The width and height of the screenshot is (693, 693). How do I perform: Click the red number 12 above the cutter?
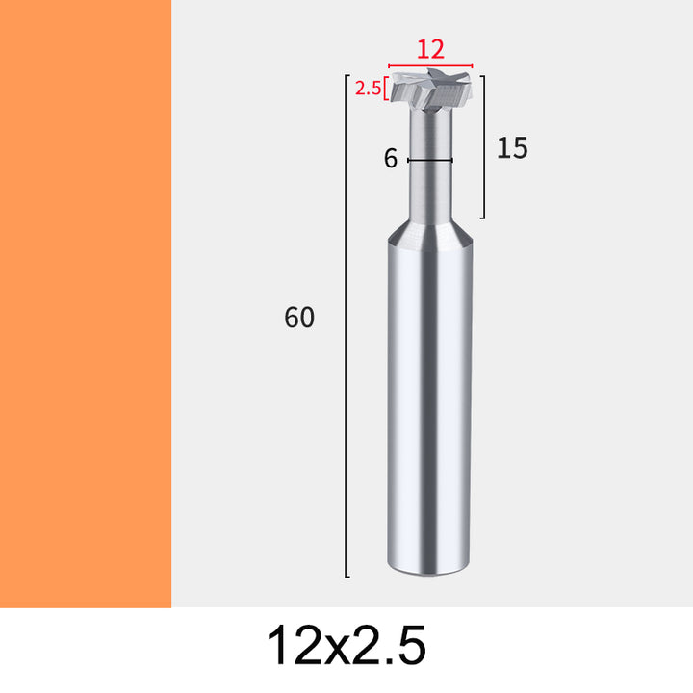tap(430, 49)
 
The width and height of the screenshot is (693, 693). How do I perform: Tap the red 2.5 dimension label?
tap(368, 89)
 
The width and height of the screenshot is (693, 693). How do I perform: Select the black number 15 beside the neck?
tap(512, 147)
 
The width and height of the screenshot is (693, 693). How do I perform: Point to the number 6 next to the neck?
tap(390, 159)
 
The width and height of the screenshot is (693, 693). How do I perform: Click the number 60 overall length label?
tap(299, 317)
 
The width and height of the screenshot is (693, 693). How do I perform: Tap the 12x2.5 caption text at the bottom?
tap(346, 645)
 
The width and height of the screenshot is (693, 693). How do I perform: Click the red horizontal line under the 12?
tap(430, 65)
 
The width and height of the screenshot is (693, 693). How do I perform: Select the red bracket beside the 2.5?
tap(386, 89)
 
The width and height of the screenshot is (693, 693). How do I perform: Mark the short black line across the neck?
tap(430, 160)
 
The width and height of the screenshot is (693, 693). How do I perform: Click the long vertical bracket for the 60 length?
tap(346, 325)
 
